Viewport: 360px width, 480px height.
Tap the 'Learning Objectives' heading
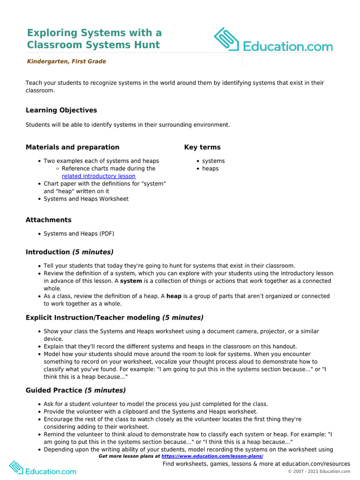point(61,110)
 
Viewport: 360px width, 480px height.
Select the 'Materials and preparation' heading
point(72,147)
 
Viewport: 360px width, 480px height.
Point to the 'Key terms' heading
point(202,147)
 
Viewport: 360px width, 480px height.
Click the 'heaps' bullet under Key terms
point(210,169)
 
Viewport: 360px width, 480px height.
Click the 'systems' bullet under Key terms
point(213,161)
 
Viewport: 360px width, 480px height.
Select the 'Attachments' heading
point(48,220)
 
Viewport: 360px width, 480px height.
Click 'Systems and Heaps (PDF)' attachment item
point(79,233)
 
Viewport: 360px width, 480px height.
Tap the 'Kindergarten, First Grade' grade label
point(66,61)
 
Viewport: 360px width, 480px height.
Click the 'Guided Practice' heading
point(54,390)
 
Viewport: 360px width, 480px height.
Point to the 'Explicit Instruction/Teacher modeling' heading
point(93,317)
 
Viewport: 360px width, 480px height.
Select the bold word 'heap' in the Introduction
point(174,296)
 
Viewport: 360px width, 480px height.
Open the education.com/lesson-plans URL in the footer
point(212,456)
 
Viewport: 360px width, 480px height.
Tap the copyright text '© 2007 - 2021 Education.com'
point(319,471)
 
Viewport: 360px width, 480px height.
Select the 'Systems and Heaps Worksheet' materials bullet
point(86,199)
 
